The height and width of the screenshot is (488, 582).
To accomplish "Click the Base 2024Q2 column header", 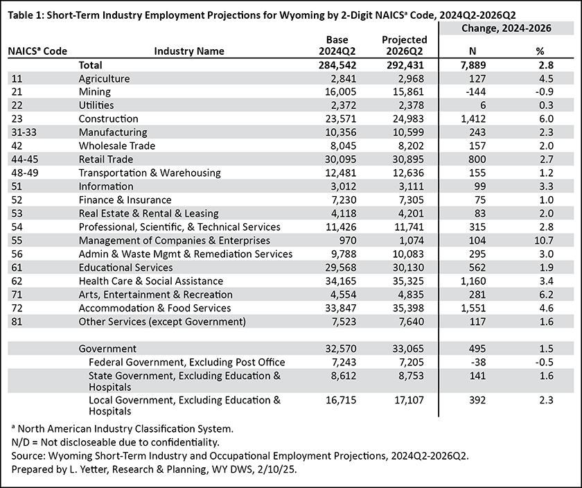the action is (337, 45).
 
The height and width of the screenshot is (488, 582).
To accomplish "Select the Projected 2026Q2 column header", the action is (405, 45).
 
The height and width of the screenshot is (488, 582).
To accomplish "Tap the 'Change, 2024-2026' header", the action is (506, 28).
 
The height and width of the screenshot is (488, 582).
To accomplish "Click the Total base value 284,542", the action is (337, 65).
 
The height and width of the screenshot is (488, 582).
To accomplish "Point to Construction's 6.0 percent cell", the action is (545, 119).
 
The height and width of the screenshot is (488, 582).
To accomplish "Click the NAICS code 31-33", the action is (24, 132).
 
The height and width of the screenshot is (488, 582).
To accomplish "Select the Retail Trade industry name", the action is (106, 159).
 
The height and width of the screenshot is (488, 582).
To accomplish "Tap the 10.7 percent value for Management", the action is (544, 241).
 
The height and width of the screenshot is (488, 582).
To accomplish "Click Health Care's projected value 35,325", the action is (408, 281).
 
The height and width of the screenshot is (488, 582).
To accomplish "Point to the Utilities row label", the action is (96, 105).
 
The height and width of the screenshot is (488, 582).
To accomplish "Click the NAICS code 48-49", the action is (25, 173).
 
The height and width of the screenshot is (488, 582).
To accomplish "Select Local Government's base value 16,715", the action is (341, 400).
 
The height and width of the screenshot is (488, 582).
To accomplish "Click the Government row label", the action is (107, 349).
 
